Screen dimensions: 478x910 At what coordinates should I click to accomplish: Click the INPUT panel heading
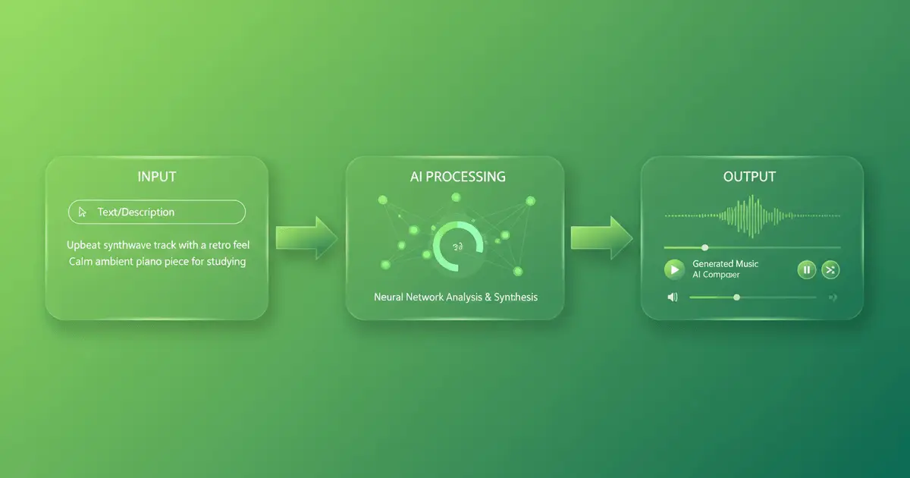157,177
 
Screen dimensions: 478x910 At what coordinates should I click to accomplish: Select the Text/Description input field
157,212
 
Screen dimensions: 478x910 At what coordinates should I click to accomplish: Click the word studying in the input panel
225,263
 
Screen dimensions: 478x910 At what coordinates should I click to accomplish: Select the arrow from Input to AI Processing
306,236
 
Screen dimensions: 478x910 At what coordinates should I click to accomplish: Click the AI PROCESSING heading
455,177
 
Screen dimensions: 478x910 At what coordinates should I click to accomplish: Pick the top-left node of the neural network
382,200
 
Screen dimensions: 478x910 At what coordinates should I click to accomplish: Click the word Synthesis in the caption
516,297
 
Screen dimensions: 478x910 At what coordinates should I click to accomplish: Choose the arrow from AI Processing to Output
601,236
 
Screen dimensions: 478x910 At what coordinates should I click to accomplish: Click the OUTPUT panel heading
749,177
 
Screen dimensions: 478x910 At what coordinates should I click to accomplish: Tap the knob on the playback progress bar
705,247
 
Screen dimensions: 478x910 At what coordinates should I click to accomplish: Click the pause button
806,269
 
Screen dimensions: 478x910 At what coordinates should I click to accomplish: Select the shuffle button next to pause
830,269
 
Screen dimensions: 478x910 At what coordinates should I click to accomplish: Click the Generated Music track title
726,263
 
